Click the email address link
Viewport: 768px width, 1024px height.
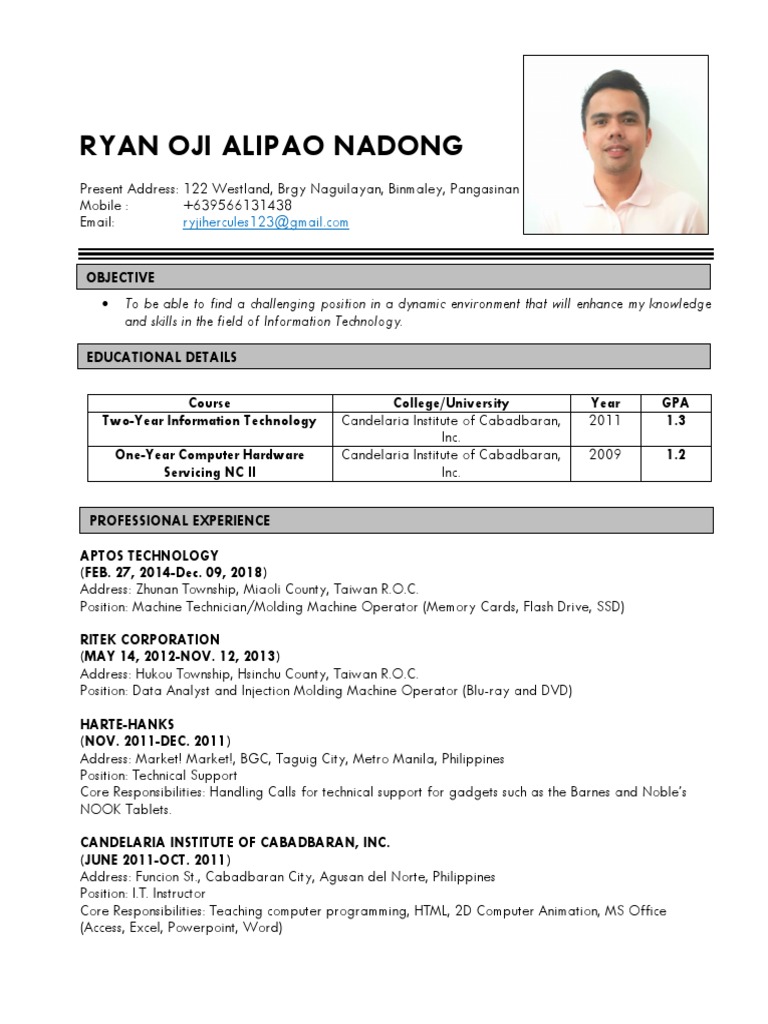pyautogui.click(x=265, y=223)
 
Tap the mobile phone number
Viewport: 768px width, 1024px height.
pyautogui.click(x=237, y=206)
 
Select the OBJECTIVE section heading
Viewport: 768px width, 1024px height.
pyautogui.click(x=120, y=277)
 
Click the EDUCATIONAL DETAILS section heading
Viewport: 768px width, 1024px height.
pyautogui.click(x=163, y=357)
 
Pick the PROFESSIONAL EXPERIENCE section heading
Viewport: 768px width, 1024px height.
pyautogui.click(x=180, y=520)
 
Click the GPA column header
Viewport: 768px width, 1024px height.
pyautogui.click(x=676, y=403)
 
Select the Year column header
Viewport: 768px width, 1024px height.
pyautogui.click(x=605, y=403)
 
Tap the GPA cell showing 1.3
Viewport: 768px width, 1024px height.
pyautogui.click(x=676, y=421)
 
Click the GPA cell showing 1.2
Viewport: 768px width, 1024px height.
pyautogui.click(x=676, y=454)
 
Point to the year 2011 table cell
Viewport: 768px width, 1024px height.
pyautogui.click(x=605, y=421)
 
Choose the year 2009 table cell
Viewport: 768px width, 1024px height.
pyautogui.click(x=605, y=454)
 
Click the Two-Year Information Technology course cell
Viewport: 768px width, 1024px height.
pyautogui.click(x=209, y=421)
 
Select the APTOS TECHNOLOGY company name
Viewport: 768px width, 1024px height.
pyautogui.click(x=149, y=555)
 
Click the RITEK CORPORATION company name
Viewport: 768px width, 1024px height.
pyautogui.click(x=150, y=639)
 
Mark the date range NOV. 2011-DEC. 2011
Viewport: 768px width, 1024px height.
pyautogui.click(x=156, y=741)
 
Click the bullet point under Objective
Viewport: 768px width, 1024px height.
pyautogui.click(x=105, y=304)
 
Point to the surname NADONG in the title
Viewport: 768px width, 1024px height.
pyautogui.click(x=400, y=146)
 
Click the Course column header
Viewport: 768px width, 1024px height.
pyautogui.click(x=209, y=403)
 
